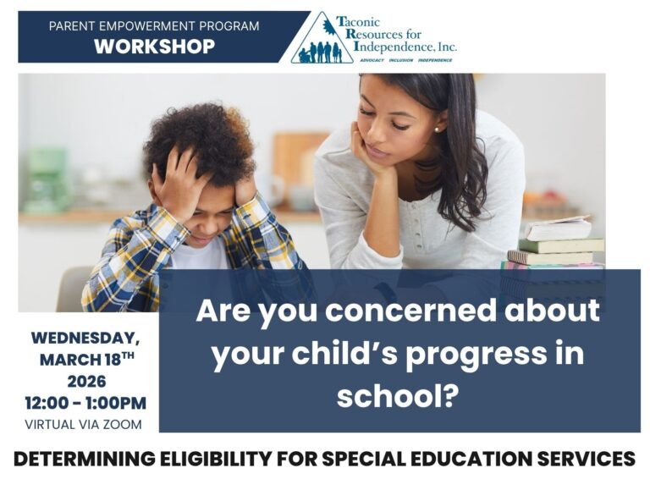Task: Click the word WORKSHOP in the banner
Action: coord(154,47)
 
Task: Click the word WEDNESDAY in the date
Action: coord(85,338)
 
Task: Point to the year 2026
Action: coord(85,381)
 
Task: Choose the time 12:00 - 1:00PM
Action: coord(85,403)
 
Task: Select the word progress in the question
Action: coord(474,353)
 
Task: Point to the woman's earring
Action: coord(437,129)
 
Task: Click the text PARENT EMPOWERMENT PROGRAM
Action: coord(154,26)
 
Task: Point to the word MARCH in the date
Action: coord(72,360)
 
